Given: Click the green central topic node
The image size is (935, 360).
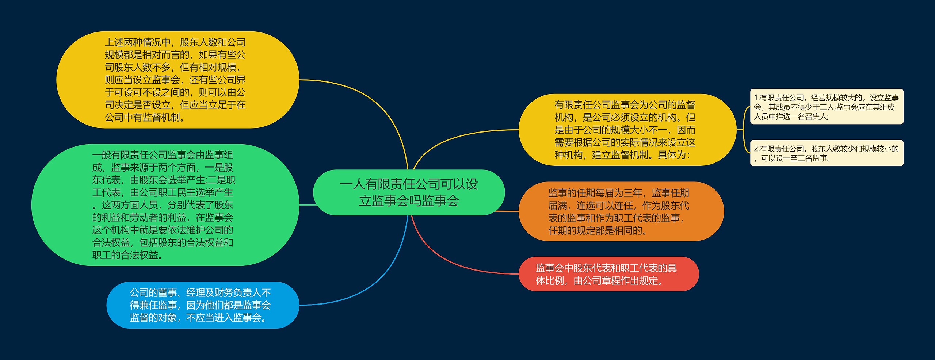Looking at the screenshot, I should [409, 192].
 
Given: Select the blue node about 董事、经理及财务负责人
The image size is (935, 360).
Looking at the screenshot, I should [203, 305].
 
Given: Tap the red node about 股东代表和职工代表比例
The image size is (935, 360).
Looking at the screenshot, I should [608, 274].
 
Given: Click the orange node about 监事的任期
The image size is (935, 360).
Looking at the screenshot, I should [621, 211].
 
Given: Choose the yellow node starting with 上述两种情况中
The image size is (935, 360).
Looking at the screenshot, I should [178, 80].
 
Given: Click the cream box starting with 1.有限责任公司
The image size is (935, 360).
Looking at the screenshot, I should [827, 107].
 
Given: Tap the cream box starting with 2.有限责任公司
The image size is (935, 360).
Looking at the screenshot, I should [827, 153].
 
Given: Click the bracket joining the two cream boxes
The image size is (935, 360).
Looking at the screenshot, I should [744, 130].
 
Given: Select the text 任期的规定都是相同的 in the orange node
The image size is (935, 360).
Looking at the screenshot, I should [595, 231].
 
